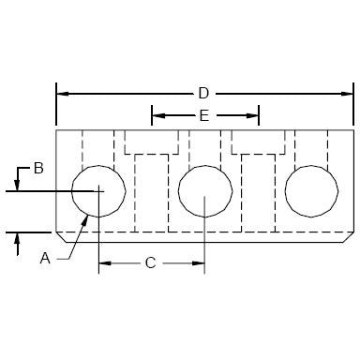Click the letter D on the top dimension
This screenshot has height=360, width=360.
click(203, 93)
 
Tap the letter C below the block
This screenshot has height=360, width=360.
click(149, 263)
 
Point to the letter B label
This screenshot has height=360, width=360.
click(38, 169)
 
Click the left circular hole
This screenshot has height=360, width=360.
click(98, 191)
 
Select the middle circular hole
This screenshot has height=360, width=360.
click(205, 191)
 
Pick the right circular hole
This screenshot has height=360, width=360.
click(311, 191)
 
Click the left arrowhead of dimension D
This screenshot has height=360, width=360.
click(63, 93)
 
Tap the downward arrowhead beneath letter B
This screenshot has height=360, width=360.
click(17, 185)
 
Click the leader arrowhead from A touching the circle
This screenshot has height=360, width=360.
click(87, 214)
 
